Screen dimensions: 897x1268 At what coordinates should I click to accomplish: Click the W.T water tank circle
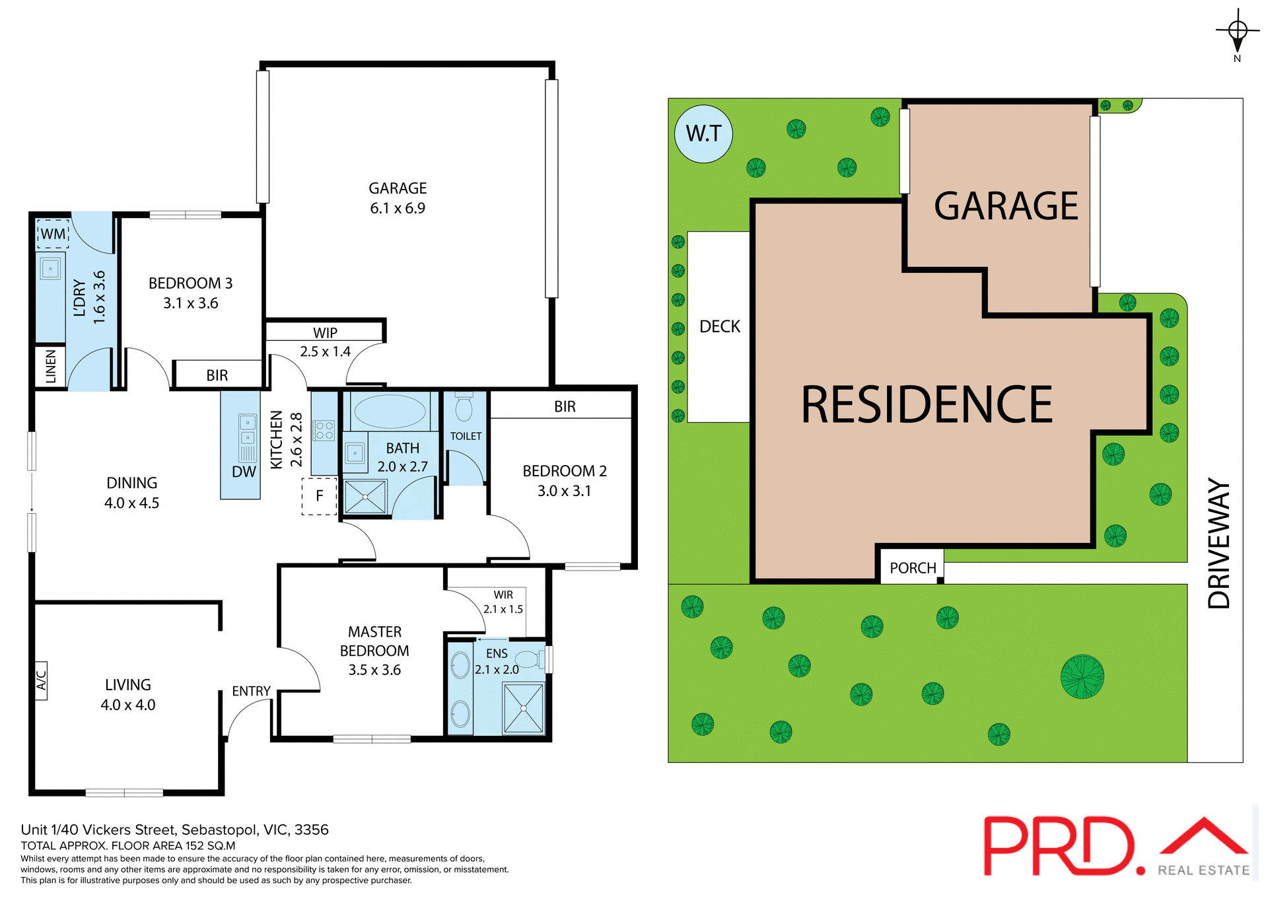click(703, 134)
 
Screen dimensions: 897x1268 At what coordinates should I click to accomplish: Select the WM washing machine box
click(53, 234)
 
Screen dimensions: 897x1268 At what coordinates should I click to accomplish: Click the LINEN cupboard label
click(51, 366)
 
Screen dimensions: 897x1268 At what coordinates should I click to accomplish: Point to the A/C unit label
click(41, 680)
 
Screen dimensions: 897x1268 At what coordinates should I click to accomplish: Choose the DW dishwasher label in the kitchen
click(244, 472)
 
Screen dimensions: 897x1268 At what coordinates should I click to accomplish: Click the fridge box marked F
click(320, 496)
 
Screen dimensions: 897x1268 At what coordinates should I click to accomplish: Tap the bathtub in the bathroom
click(390, 412)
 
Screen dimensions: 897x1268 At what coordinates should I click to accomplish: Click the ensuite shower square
click(523, 708)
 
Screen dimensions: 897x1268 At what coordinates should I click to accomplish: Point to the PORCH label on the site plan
click(913, 568)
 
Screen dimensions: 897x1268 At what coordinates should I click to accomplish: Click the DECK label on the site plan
click(720, 327)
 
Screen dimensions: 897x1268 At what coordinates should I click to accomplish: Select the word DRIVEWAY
click(1219, 543)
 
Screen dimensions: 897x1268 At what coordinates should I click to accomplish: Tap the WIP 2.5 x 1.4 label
click(325, 342)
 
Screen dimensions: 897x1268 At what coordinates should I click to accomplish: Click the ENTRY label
click(251, 691)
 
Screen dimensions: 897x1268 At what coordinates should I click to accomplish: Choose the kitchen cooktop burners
click(324, 431)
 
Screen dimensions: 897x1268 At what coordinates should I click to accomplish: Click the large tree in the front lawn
click(1082, 676)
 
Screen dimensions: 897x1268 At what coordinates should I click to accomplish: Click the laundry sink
click(50, 269)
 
